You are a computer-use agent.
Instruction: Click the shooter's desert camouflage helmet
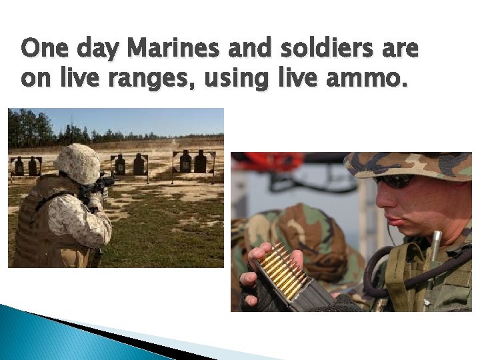[77, 163]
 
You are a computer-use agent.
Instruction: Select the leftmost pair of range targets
[25, 165]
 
